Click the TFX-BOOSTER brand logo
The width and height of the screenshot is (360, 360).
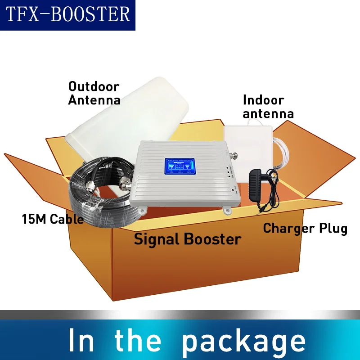[67, 15]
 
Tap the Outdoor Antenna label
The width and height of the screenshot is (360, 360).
[94, 93]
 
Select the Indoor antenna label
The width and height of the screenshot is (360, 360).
[268, 107]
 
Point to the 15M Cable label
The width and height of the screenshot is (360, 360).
[53, 219]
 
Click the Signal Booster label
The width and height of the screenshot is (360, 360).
[187, 239]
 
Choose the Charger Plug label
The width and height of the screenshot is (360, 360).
[305, 228]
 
